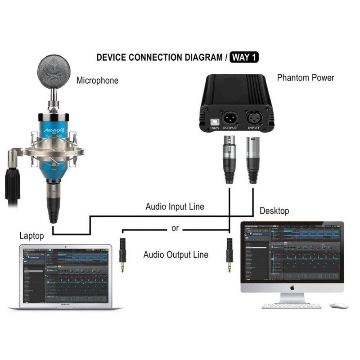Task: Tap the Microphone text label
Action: [x=97, y=81]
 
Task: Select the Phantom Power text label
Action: [x=306, y=77]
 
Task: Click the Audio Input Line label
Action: [x=175, y=207]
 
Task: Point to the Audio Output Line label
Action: [x=175, y=255]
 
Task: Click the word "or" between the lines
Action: [x=175, y=229]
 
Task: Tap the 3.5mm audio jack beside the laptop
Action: [x=122, y=254]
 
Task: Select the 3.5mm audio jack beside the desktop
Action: [x=229, y=254]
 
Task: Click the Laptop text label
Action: [x=32, y=235]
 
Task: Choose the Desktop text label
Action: [x=274, y=211]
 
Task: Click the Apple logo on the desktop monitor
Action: [x=292, y=287]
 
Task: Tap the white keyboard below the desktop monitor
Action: [x=292, y=306]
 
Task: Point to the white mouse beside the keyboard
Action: [x=339, y=306]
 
